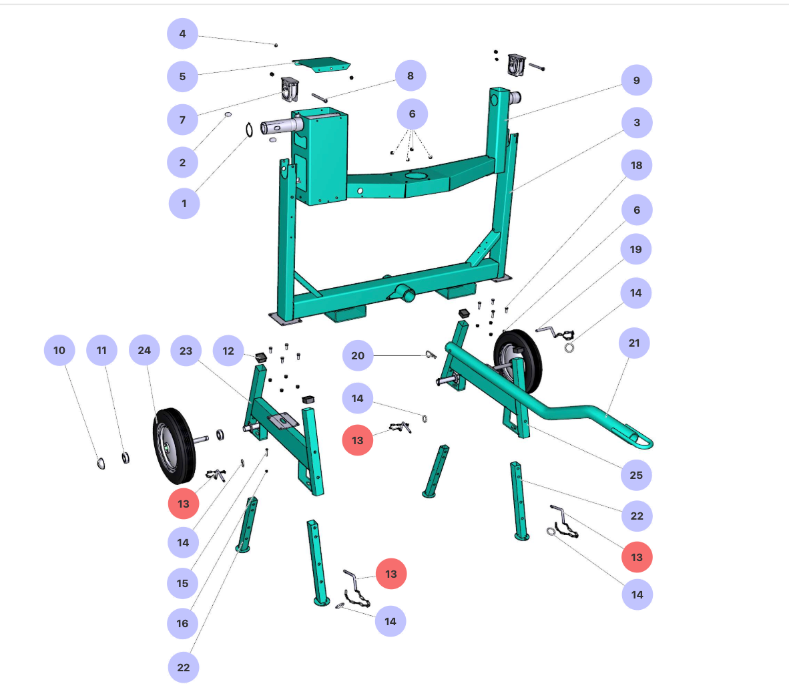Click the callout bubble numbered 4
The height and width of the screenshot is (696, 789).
182,33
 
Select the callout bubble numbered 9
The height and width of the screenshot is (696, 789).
636,80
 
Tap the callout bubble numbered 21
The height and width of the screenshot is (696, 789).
633,343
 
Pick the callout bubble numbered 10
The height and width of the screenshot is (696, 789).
59,350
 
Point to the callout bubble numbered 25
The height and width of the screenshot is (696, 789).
635,475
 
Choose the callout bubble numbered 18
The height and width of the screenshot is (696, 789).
636,165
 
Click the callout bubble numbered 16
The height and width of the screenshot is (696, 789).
182,623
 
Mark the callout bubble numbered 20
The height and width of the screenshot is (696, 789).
358,355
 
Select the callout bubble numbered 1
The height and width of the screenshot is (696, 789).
184,203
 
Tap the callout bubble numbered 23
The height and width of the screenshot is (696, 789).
186,351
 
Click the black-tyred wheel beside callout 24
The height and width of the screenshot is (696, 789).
174,446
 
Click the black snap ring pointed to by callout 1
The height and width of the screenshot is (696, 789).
249,129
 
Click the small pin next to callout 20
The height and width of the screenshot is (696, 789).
431,355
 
